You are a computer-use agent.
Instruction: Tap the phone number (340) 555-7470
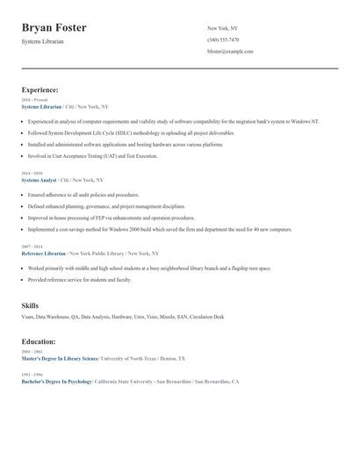223,39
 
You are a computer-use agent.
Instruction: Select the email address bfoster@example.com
230,51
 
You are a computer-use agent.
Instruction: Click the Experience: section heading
40,89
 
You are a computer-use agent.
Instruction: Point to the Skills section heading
30,305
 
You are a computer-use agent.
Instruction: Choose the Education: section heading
39,341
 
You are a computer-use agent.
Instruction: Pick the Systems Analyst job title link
39,180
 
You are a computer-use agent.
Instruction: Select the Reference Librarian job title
44,253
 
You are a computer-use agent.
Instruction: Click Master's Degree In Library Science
60,359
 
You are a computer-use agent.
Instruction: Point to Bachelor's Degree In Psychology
57,382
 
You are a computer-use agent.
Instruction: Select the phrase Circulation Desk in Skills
206,317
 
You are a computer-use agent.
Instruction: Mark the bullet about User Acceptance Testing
92,156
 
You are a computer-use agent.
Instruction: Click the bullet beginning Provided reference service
79,279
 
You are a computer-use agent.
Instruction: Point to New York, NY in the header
222,28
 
